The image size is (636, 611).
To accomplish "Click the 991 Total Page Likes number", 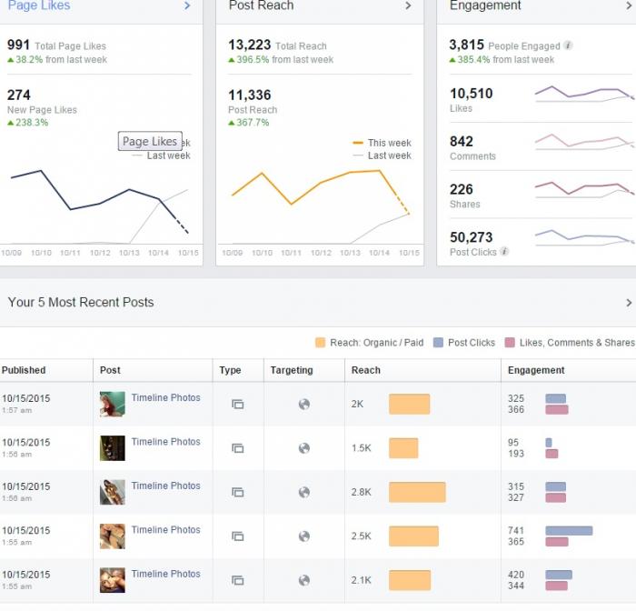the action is tap(18, 45).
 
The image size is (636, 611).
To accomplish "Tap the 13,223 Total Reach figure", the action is tap(250, 45).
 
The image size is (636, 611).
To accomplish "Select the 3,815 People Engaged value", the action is tap(466, 45).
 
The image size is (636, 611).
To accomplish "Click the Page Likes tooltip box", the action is tap(150, 141).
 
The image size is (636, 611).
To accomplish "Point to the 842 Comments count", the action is tap(462, 141).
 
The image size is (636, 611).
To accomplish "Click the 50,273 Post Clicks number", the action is tap(471, 237).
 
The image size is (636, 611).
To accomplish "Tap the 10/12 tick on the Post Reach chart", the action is tap(321, 253).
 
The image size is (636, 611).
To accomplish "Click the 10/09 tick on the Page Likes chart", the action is tap(11, 253).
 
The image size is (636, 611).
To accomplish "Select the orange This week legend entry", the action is tap(382, 143).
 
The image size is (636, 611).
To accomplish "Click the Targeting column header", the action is tap(292, 370).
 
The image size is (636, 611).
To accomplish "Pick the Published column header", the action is tap(24, 370).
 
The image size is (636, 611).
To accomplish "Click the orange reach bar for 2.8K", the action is tap(417, 492).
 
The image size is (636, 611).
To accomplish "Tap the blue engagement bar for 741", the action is tap(569, 531).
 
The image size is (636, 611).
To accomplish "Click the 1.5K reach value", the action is tap(361, 448).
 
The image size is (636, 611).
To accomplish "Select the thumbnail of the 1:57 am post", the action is tap(113, 404).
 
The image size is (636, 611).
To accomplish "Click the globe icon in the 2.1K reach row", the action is tap(304, 581).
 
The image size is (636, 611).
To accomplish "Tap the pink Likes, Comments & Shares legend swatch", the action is tap(510, 343).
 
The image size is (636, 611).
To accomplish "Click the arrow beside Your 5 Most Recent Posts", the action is tap(629, 303).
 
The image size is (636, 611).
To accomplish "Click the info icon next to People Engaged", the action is tap(568, 45).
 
